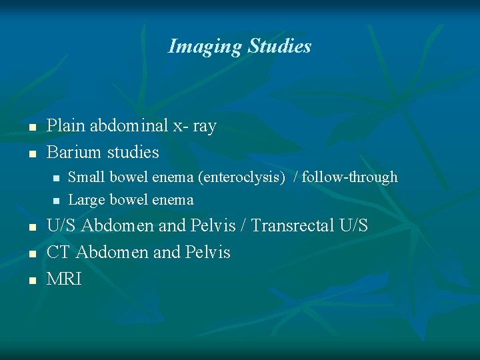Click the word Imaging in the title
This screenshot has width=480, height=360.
[x=205, y=47]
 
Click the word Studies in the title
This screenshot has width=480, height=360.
[x=279, y=46]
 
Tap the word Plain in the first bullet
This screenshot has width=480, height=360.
[x=65, y=126]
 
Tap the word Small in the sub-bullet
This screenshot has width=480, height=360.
[x=84, y=177]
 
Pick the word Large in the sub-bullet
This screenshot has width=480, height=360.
[x=85, y=200]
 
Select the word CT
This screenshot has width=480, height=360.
[x=59, y=253]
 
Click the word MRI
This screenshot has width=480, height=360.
[x=64, y=279]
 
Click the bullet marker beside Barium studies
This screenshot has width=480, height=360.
[x=31, y=154]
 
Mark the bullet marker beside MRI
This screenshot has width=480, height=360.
[x=31, y=281]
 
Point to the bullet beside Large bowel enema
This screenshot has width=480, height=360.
[x=56, y=201]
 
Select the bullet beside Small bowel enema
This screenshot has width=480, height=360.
[x=56, y=178]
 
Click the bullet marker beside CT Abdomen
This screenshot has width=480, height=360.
[x=31, y=254]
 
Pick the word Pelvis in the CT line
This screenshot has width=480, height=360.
[x=209, y=253]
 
